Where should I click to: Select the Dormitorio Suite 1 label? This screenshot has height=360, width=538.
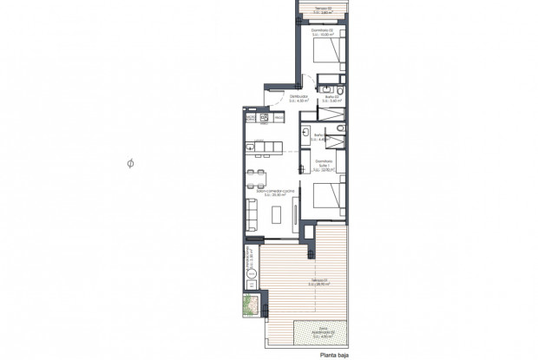[x=324, y=165]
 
